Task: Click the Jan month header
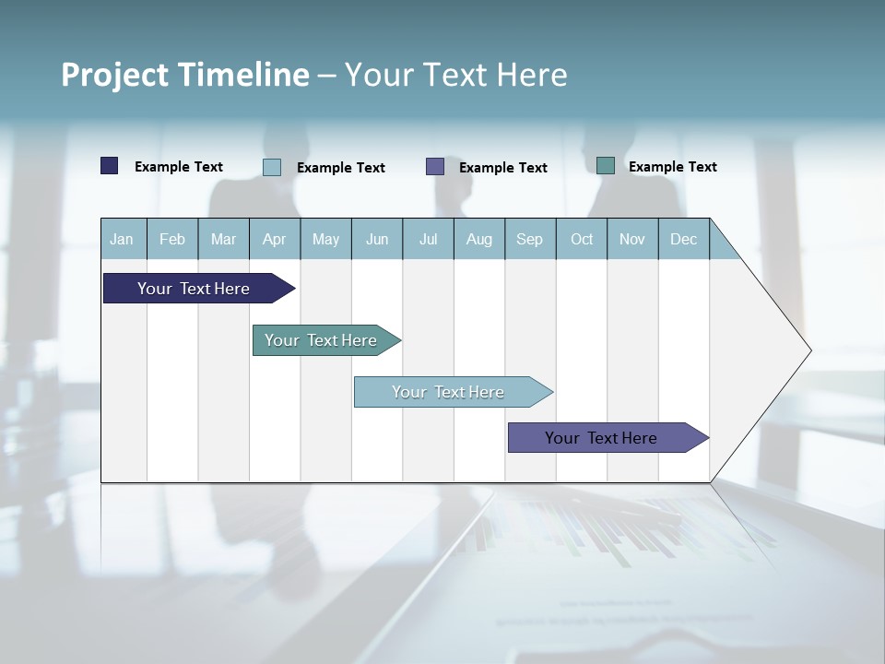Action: point(122,239)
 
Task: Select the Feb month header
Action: point(172,239)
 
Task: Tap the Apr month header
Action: point(275,239)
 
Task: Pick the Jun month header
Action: point(377,239)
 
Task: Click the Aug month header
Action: point(479,239)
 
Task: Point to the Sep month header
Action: point(530,239)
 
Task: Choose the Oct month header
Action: point(582,239)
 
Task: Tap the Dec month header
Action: point(684,239)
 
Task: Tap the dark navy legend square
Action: point(110,166)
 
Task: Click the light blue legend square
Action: point(272,167)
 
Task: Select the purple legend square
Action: point(435,166)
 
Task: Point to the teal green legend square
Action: point(606,166)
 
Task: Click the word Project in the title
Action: point(114,75)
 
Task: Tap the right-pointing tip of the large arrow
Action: point(808,350)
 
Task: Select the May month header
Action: point(325,239)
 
